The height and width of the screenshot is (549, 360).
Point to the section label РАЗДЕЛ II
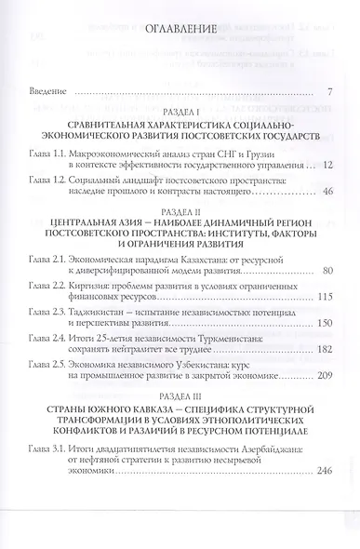(x=179, y=210)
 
